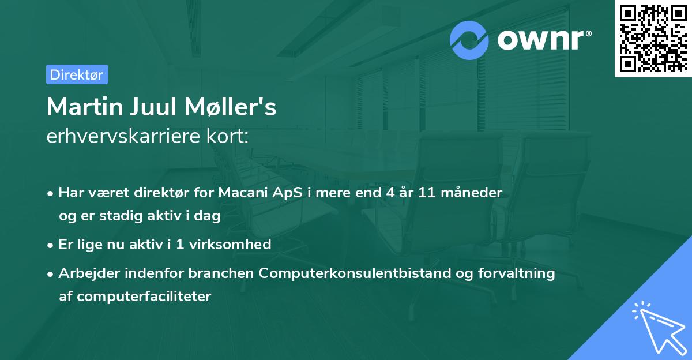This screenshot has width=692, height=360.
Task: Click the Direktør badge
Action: [77, 74]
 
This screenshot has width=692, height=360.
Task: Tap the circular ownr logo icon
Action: [469, 40]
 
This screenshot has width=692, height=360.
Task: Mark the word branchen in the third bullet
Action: [225, 273]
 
